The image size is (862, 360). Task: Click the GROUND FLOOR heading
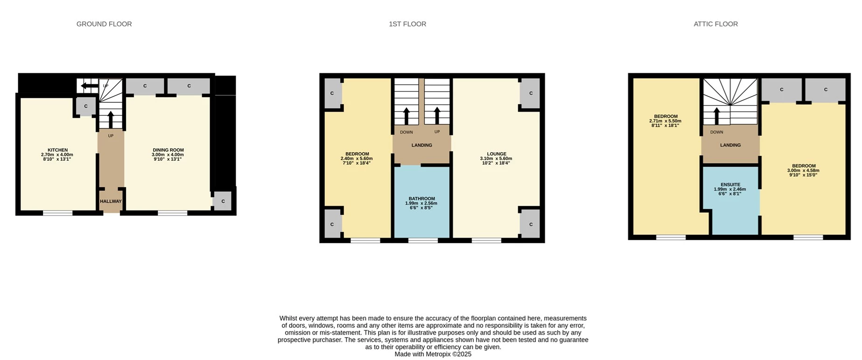104,24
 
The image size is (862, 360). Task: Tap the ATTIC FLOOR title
715,24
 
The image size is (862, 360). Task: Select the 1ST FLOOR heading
407,24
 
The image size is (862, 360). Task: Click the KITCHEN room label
57,150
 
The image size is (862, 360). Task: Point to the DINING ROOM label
168,150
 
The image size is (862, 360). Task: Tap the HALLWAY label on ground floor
111,201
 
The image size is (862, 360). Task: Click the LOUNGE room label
497,154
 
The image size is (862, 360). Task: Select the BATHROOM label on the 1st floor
421,198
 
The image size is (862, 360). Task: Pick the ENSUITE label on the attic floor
730,184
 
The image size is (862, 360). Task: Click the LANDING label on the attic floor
730,145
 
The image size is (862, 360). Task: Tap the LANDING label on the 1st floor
421,145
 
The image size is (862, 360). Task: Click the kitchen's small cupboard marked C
86,106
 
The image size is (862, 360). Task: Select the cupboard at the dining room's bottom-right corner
223,201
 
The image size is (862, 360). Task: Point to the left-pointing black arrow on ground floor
89,85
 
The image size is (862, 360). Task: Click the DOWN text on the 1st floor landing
406,132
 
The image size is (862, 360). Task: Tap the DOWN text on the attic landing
716,132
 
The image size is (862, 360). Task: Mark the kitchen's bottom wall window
58,213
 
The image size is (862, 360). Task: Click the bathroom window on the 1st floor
423,240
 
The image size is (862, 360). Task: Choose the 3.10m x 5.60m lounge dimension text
496,158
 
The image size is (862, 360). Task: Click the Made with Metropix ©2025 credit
433,354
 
